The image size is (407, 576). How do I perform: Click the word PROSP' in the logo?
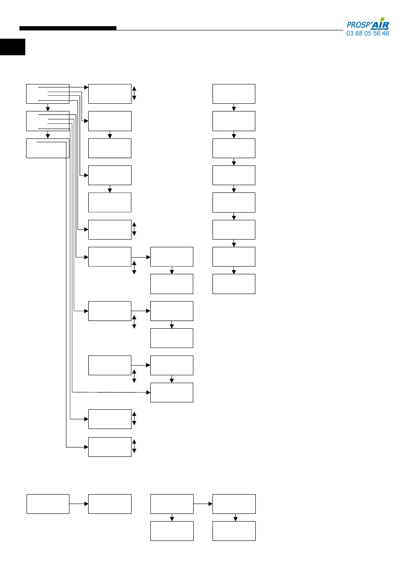click(x=358, y=25)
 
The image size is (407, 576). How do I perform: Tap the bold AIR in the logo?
click(x=380, y=25)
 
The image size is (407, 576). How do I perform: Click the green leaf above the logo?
click(x=382, y=19)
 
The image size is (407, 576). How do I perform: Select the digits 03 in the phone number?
click(x=350, y=33)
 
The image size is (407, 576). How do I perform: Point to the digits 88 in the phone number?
click(x=359, y=33)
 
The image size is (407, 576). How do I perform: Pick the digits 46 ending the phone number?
click(x=386, y=33)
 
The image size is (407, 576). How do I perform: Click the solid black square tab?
click(x=12, y=47)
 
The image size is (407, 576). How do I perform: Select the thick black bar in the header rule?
click(x=68, y=28)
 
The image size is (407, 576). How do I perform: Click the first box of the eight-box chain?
click(x=233, y=94)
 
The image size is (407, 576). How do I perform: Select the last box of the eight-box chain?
click(x=233, y=284)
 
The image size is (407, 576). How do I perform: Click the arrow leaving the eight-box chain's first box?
click(x=234, y=107)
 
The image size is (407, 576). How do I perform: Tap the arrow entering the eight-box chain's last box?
click(x=234, y=270)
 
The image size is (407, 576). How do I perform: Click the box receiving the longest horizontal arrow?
click(x=171, y=393)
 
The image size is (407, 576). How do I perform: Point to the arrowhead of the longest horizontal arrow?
click(x=148, y=393)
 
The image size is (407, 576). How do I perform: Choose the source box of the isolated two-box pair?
click(x=48, y=504)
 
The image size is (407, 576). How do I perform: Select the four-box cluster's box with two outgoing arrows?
click(x=171, y=504)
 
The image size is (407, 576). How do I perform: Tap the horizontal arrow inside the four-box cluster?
click(x=203, y=504)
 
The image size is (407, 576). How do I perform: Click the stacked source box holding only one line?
click(x=48, y=148)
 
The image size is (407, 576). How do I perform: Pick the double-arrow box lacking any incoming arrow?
click(x=110, y=365)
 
